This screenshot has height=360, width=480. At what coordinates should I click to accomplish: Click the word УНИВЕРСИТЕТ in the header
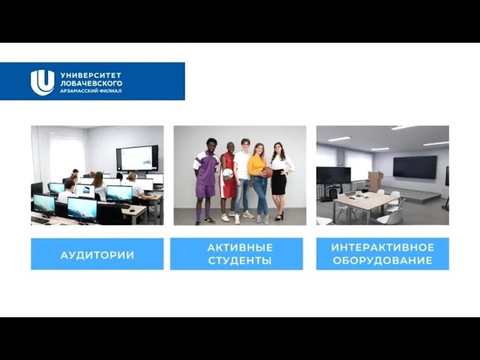coord(91,75)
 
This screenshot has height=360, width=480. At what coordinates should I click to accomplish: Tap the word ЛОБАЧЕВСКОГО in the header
coord(91,83)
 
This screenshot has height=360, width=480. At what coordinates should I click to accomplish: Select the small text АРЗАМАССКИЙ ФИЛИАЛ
coord(91,91)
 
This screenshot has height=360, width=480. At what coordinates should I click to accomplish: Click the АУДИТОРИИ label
coord(97,255)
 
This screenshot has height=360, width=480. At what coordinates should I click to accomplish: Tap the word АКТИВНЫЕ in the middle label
coord(240,247)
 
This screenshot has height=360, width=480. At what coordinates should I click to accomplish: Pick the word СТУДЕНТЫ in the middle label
coord(240,260)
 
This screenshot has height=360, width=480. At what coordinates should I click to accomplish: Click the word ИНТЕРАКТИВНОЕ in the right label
coord(382,247)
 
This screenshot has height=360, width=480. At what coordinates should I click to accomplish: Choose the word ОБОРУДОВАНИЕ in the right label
coord(382,260)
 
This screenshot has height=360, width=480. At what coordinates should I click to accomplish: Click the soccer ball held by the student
coord(228,174)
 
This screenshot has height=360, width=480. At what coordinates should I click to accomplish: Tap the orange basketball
coord(267,172)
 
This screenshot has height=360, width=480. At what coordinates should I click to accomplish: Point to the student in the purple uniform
coord(205,181)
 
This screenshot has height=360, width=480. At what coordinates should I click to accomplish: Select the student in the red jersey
coord(227,181)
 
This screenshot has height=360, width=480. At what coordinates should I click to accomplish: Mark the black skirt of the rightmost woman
coord(279,182)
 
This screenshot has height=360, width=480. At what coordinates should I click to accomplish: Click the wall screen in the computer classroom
coord(137,158)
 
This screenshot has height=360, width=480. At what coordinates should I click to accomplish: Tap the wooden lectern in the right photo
coord(376,181)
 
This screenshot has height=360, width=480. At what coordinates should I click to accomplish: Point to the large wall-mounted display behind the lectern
coord(415,167)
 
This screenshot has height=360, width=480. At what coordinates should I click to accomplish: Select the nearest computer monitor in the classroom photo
coord(82,210)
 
